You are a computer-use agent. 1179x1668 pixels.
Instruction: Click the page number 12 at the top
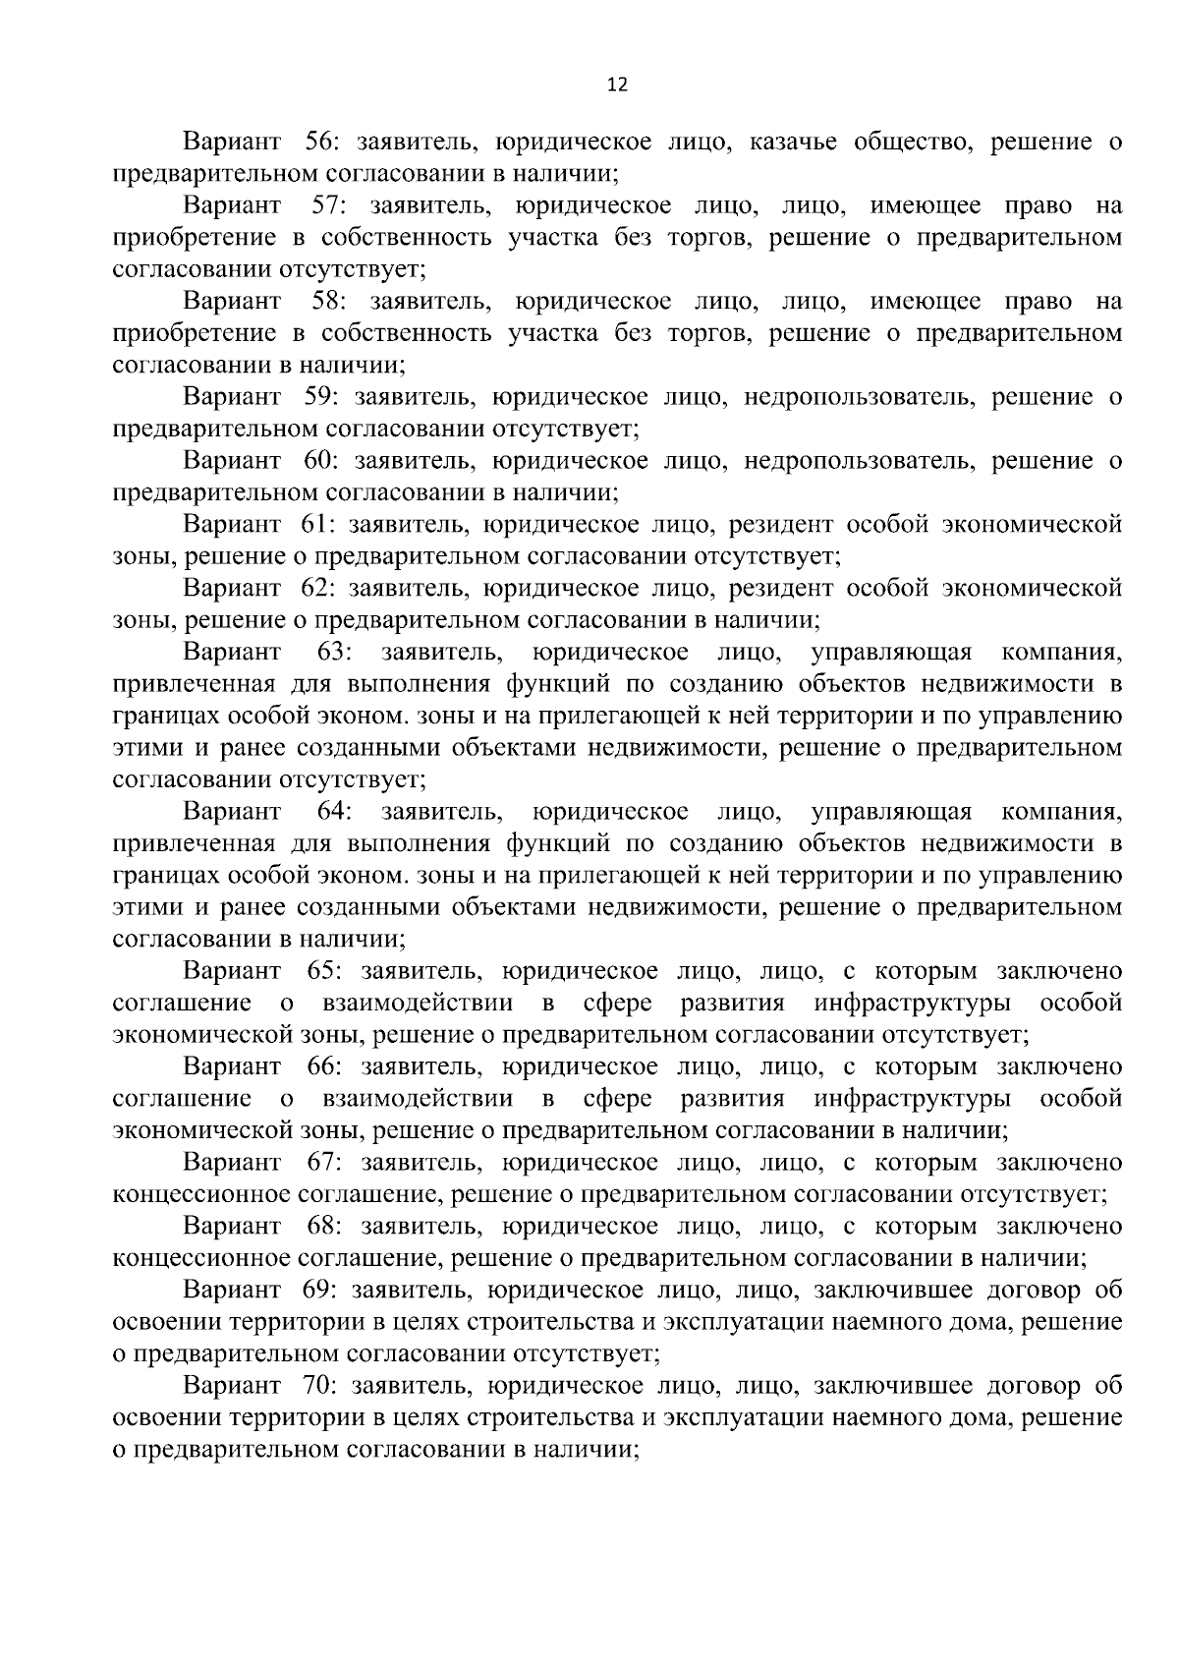pyautogui.click(x=618, y=85)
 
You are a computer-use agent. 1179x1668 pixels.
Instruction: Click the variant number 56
pyautogui.click(x=320, y=142)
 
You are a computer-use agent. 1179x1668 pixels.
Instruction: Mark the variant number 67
pyautogui.click(x=321, y=1163)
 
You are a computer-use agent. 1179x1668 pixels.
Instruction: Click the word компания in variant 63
pyautogui.click(x=1061, y=652)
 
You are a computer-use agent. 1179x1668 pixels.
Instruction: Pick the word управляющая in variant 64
pyautogui.click(x=891, y=812)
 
